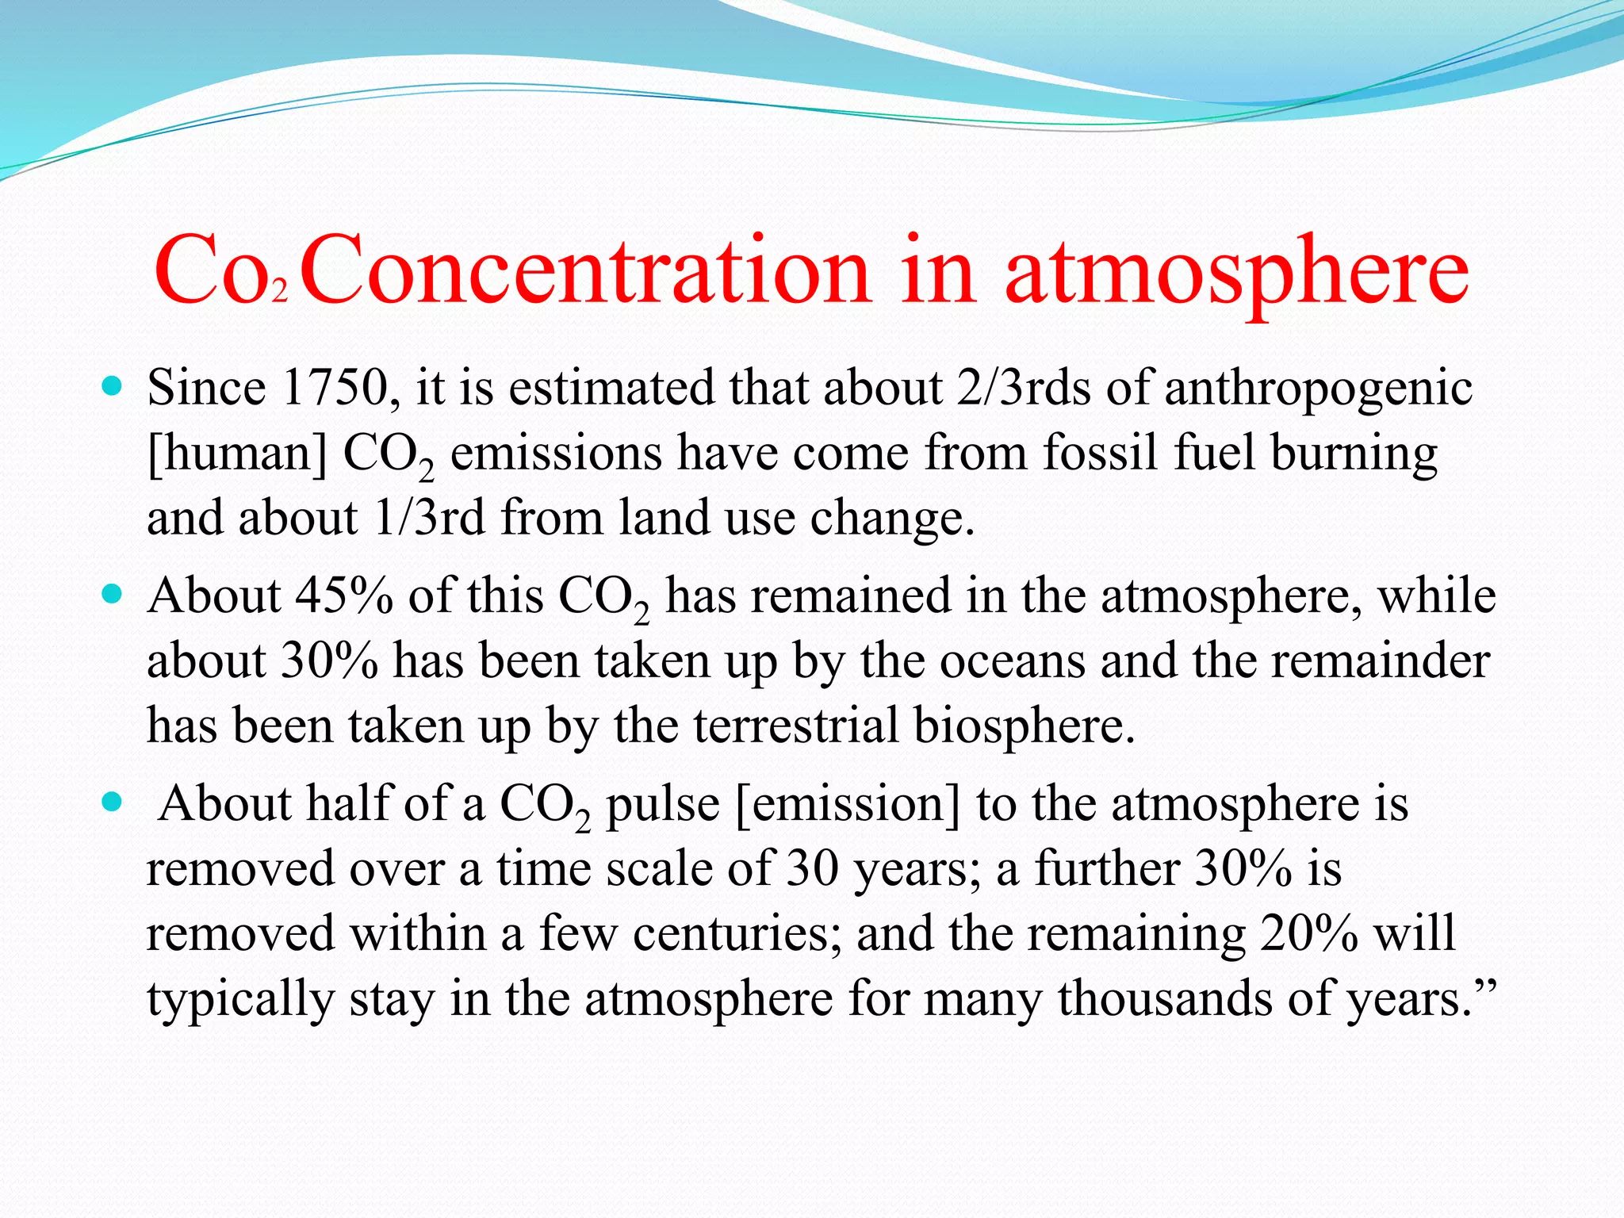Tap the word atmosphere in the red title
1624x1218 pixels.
[1237, 271]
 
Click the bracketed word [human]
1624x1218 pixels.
[236, 454]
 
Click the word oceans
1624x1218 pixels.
[1012, 661]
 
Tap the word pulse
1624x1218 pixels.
[663, 804]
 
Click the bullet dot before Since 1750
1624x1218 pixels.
[112, 388]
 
